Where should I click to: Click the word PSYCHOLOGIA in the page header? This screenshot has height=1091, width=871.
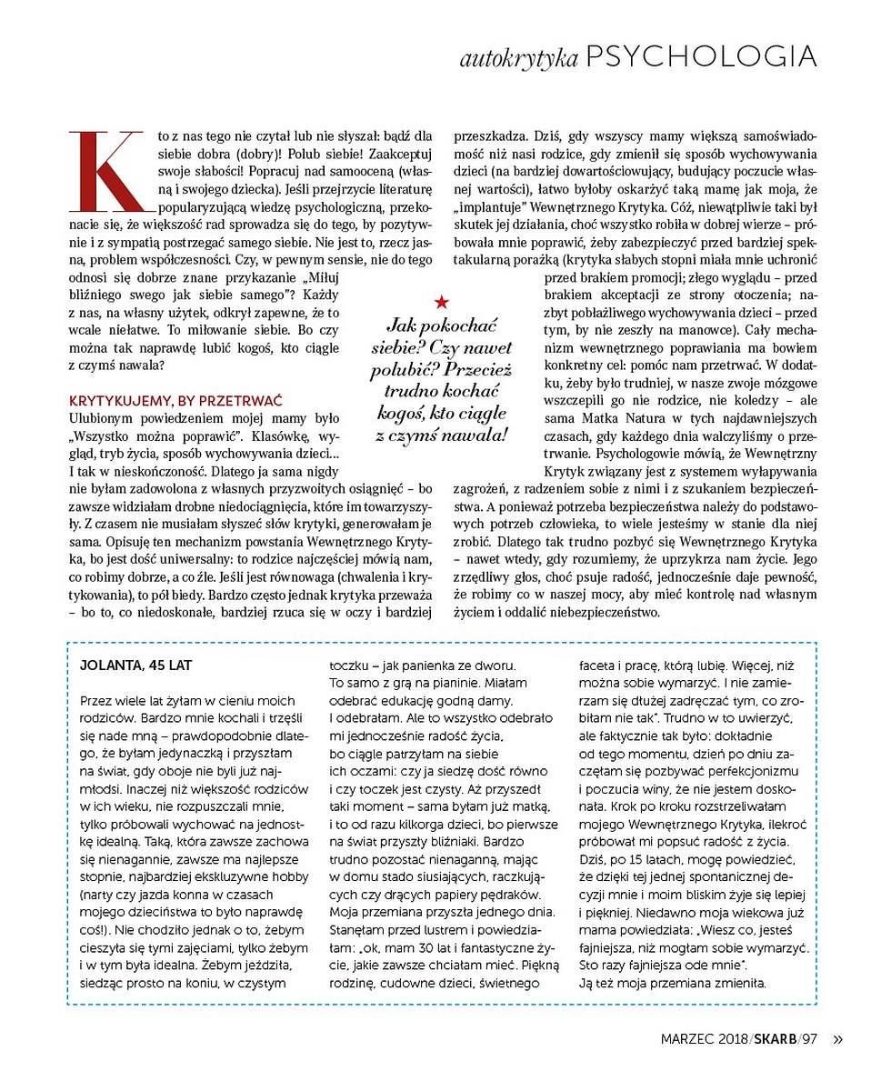pos(701,57)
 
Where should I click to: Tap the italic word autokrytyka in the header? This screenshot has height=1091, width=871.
pos(519,60)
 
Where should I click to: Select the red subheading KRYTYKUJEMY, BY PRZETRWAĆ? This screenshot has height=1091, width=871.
pos(176,400)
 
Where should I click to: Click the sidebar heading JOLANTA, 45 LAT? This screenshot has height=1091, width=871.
pos(136,665)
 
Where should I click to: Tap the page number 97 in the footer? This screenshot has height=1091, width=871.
pos(810,1040)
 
